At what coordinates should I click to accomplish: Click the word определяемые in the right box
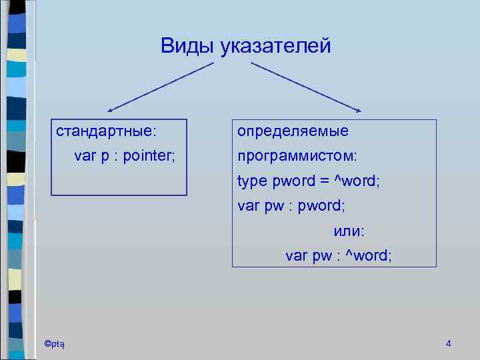pyautogui.click(x=293, y=131)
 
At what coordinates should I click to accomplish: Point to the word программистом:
pyautogui.click(x=297, y=156)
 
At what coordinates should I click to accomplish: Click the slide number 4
pyautogui.click(x=448, y=343)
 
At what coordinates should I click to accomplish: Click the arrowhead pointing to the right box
pyautogui.click(x=357, y=110)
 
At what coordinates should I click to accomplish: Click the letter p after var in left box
pyautogui.click(x=104, y=157)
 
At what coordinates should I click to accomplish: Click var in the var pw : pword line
pyautogui.click(x=249, y=206)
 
